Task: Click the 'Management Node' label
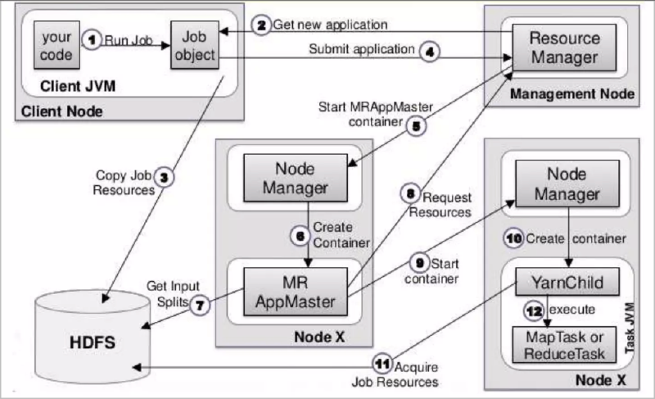[x=571, y=94]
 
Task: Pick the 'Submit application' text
[x=361, y=49]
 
